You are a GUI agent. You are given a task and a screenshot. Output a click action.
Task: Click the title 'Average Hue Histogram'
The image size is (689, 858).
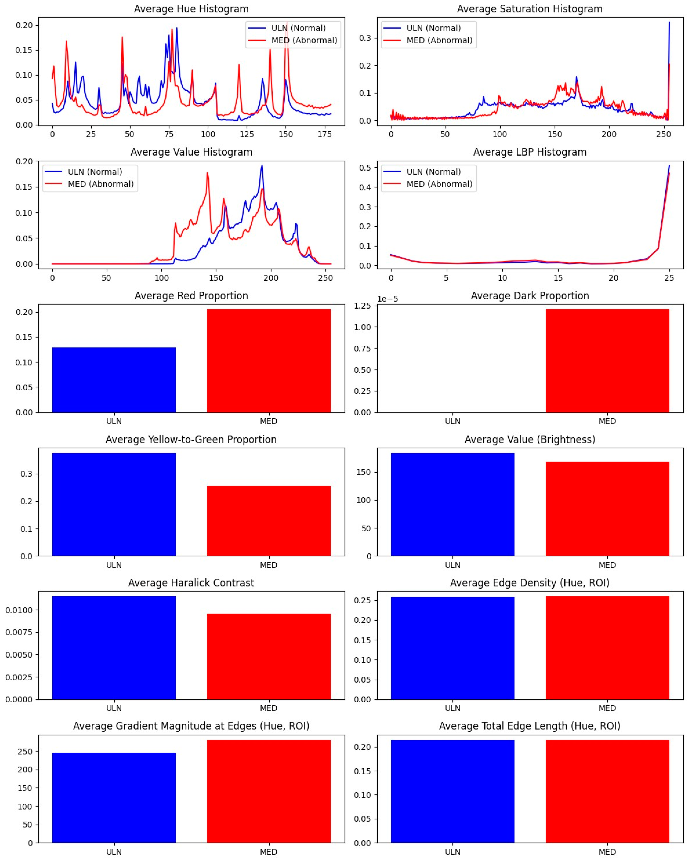191,9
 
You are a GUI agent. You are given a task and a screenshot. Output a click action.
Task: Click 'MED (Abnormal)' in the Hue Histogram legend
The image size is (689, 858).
304,40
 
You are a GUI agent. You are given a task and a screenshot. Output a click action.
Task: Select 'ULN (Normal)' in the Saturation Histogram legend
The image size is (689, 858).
433,28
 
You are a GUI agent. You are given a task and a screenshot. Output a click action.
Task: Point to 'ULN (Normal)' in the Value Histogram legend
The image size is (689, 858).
95,171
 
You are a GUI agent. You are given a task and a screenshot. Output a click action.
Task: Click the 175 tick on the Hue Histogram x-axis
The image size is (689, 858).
325,135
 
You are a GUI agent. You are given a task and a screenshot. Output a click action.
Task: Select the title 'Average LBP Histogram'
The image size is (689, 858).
530,152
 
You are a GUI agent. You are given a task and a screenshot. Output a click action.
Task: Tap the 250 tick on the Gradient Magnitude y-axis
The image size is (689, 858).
25,751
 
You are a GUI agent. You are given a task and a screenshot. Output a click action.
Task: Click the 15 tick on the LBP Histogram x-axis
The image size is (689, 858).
558,278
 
